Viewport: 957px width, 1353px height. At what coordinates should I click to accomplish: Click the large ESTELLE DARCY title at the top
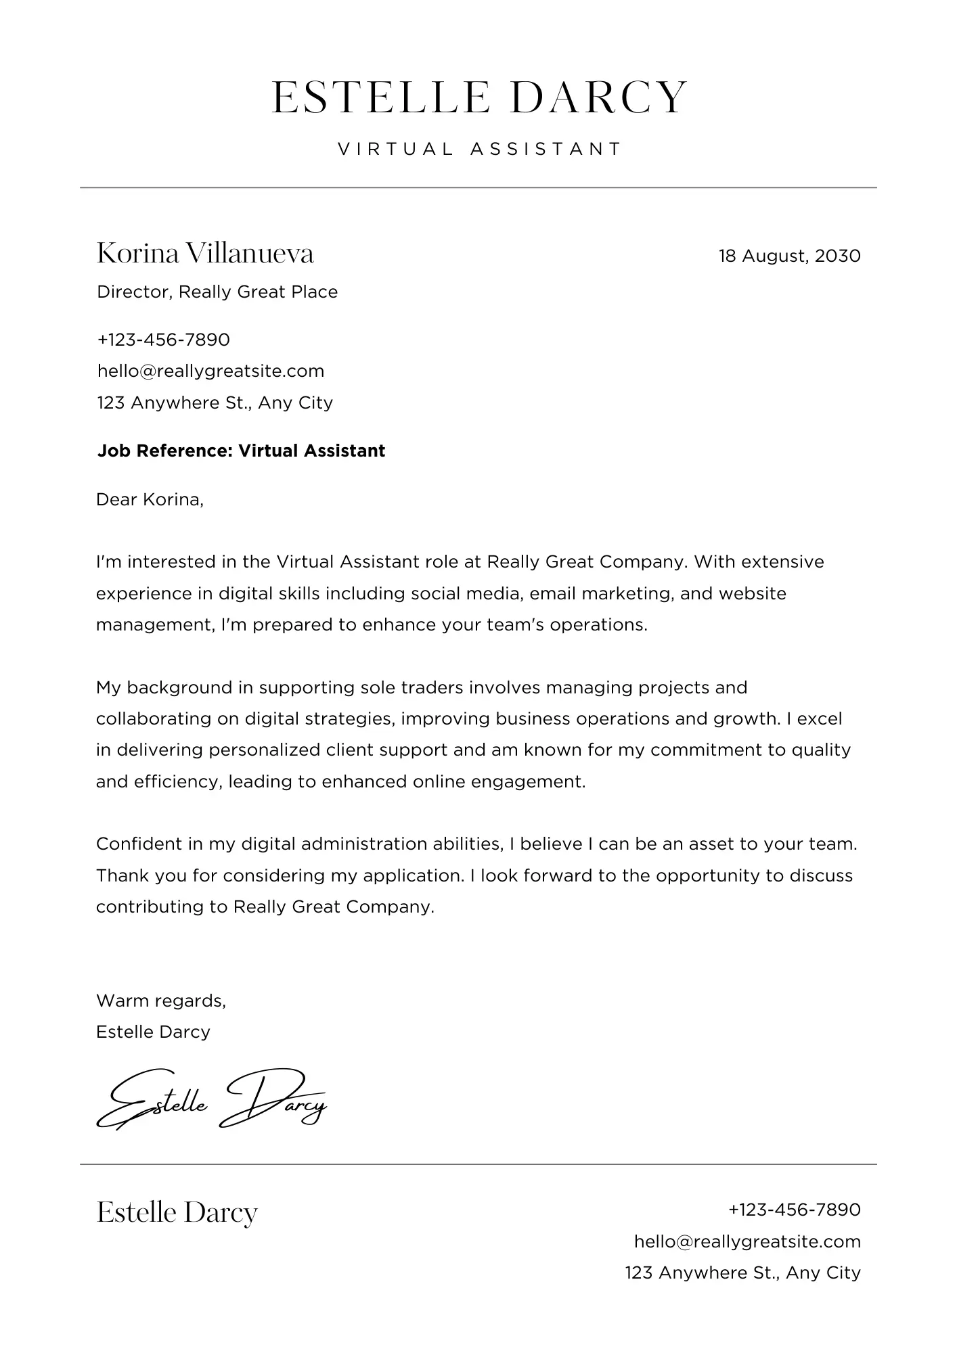click(x=478, y=97)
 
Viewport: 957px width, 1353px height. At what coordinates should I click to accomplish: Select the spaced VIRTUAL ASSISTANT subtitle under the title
click(x=478, y=149)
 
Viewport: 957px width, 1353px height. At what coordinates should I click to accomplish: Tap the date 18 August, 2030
click(x=789, y=256)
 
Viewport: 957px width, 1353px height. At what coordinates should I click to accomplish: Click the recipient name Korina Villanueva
click(x=205, y=254)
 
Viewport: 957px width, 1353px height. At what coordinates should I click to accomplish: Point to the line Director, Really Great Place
click(x=217, y=292)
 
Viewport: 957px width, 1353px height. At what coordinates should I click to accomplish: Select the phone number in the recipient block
click(x=164, y=339)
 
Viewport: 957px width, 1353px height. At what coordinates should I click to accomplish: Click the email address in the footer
click(x=747, y=1241)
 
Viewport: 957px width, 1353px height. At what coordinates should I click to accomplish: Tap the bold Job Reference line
click(x=241, y=451)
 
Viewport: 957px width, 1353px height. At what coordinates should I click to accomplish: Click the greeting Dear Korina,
click(x=150, y=499)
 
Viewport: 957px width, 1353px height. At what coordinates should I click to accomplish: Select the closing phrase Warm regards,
click(x=161, y=1000)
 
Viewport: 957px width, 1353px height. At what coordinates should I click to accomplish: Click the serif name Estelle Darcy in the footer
click(x=177, y=1212)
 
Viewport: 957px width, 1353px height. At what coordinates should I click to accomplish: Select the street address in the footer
click(x=742, y=1272)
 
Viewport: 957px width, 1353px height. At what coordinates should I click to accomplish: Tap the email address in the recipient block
click(x=210, y=371)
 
